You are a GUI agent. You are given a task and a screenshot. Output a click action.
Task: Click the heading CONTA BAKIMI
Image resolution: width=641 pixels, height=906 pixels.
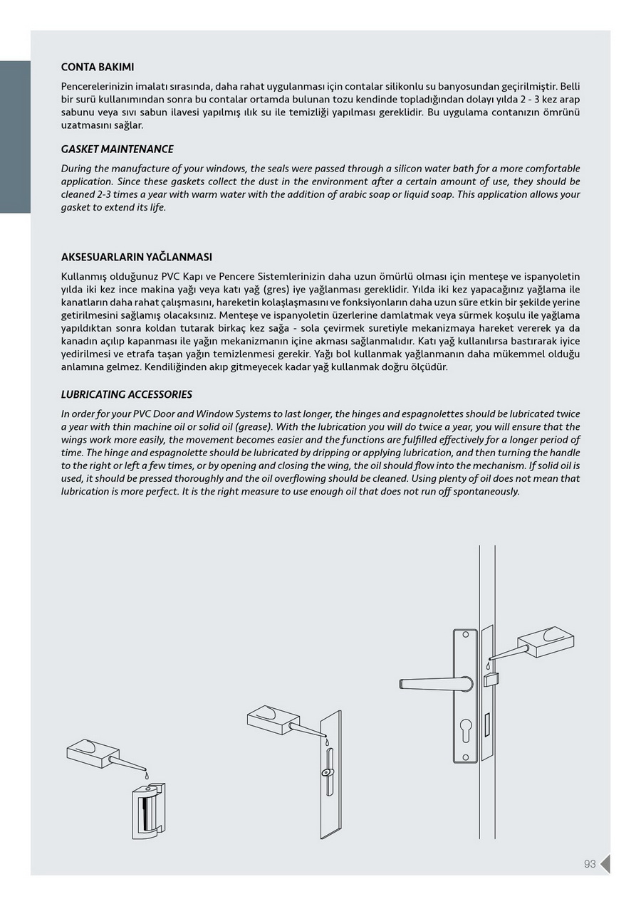(x=98, y=67)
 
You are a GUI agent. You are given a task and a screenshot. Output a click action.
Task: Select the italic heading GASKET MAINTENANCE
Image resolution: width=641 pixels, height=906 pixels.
(x=117, y=149)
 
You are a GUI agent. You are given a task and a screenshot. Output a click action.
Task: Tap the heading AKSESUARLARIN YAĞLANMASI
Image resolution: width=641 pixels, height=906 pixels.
(x=136, y=257)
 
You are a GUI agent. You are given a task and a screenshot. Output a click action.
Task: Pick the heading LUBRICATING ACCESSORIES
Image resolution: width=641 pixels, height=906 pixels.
(x=126, y=394)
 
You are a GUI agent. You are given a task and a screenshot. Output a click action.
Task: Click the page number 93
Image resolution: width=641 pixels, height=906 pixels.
(x=590, y=864)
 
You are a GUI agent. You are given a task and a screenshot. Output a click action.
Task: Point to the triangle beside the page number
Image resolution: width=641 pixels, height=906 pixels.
(x=605, y=864)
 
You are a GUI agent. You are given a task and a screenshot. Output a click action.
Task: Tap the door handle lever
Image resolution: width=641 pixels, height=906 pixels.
(x=434, y=684)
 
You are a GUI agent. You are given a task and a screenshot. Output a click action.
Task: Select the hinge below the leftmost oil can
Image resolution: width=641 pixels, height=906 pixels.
(x=148, y=811)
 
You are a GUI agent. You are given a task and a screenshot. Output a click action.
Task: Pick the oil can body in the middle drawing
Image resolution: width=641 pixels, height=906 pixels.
(x=271, y=719)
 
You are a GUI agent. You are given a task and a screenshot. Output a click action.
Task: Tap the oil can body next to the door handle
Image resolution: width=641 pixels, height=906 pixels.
(x=545, y=641)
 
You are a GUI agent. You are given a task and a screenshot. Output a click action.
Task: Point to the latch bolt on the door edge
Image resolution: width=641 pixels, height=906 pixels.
(x=491, y=679)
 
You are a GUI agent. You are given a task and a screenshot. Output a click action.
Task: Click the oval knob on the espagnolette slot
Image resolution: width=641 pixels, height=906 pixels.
(x=326, y=772)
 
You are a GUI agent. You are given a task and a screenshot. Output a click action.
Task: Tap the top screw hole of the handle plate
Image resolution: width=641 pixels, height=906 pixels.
(x=465, y=633)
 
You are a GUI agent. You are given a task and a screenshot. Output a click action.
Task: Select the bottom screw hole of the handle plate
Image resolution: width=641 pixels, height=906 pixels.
(x=465, y=757)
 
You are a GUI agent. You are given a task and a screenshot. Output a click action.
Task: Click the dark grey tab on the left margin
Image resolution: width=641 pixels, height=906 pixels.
(x=15, y=137)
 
